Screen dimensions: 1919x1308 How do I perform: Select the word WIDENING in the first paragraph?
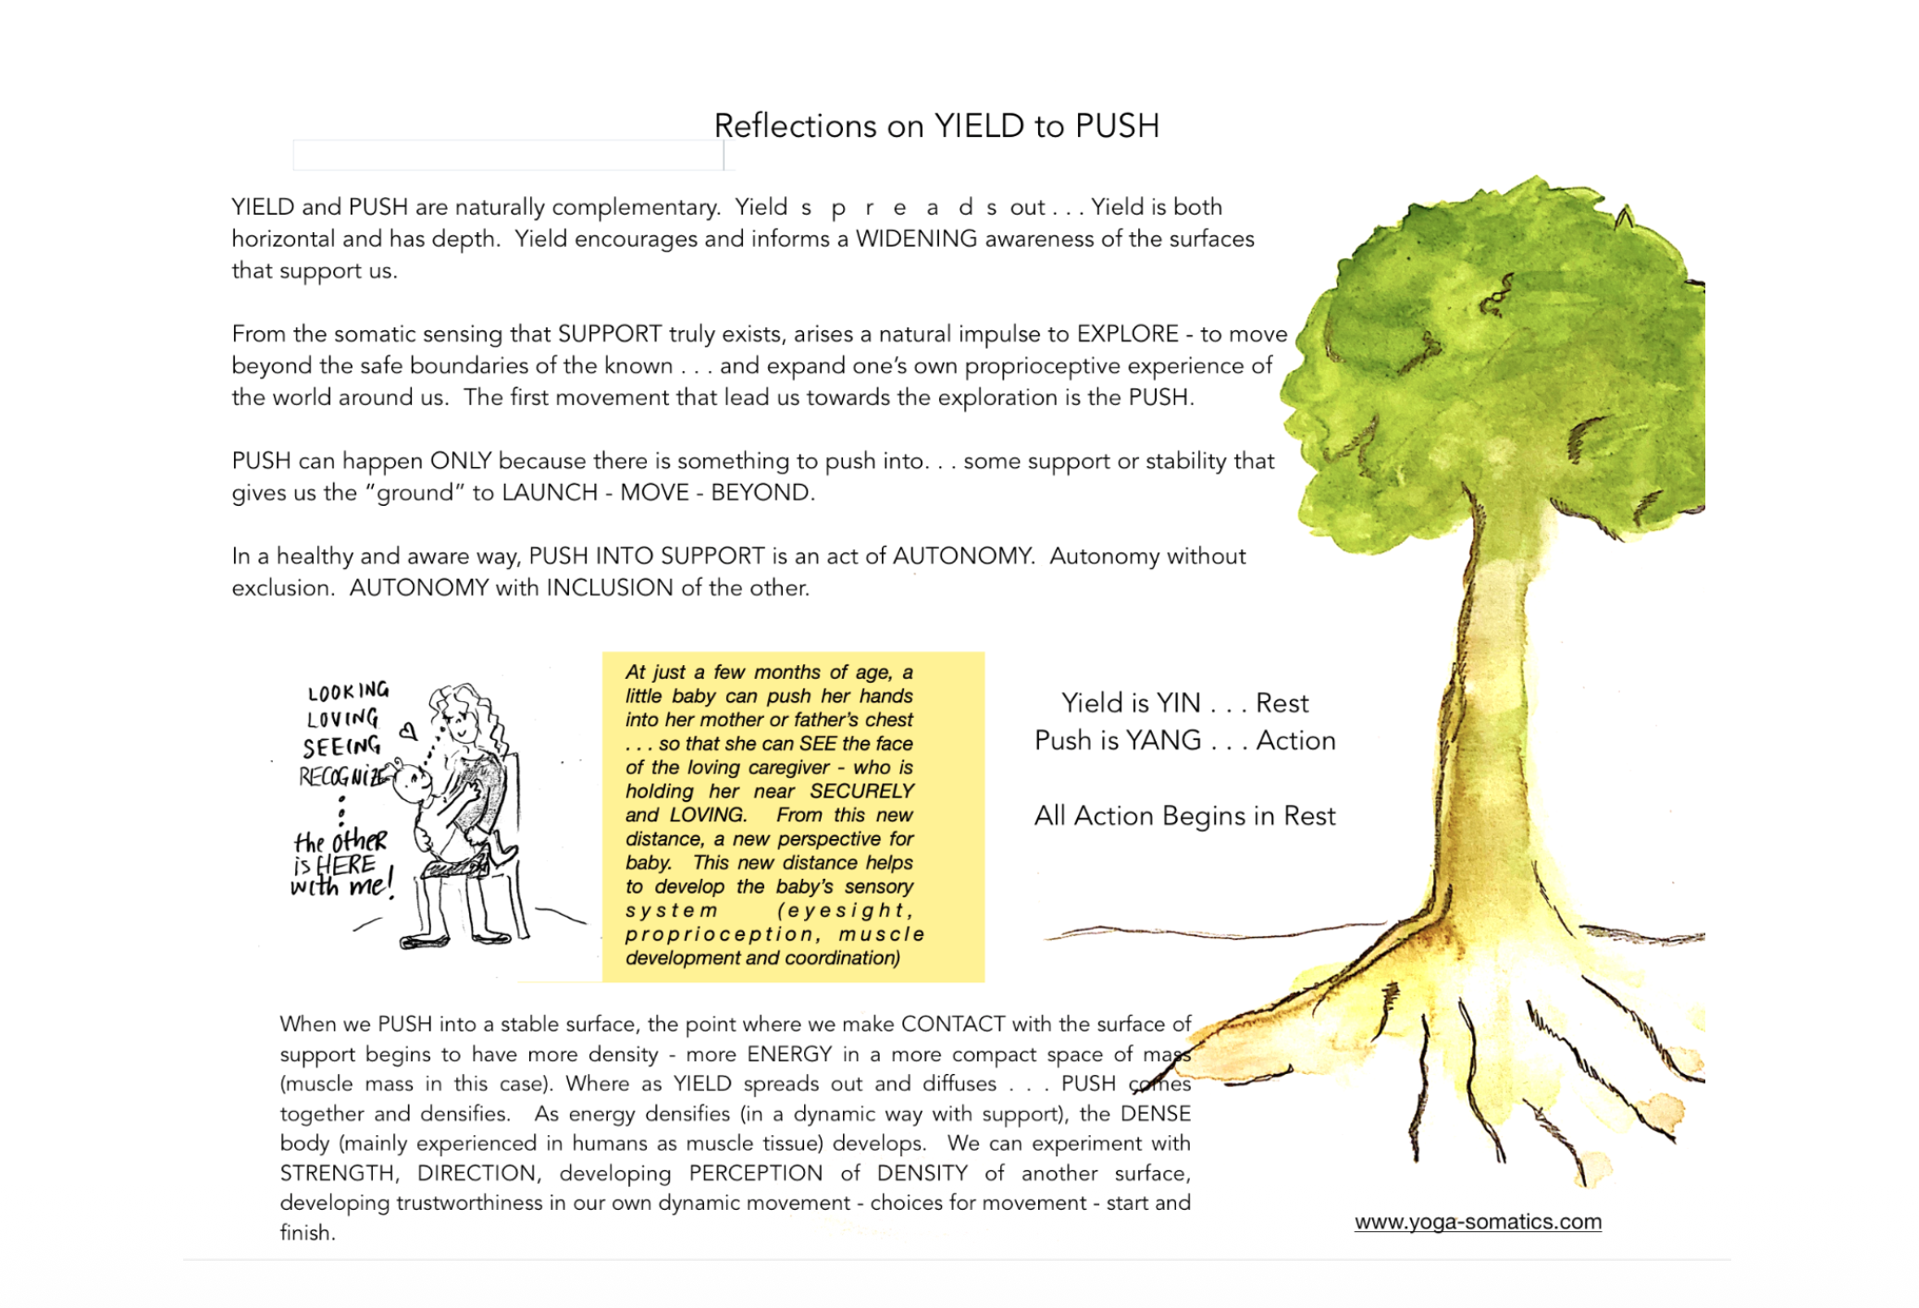[916, 239]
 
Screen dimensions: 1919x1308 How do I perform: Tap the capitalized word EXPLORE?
[1127, 334]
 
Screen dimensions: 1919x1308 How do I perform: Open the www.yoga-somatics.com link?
[1477, 1221]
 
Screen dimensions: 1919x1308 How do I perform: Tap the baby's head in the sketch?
[411, 783]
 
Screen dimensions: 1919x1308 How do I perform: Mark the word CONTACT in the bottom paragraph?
[953, 1024]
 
